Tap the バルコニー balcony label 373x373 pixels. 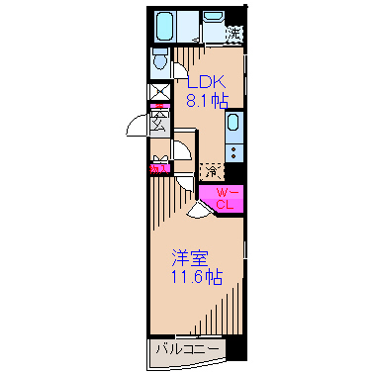pos(187,349)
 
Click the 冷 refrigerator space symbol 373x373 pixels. pos(211,169)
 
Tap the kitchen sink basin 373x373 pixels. pos(233,125)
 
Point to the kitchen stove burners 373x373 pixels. pos(233,151)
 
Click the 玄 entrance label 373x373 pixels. pos(158,122)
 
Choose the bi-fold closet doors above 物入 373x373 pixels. pos(158,156)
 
